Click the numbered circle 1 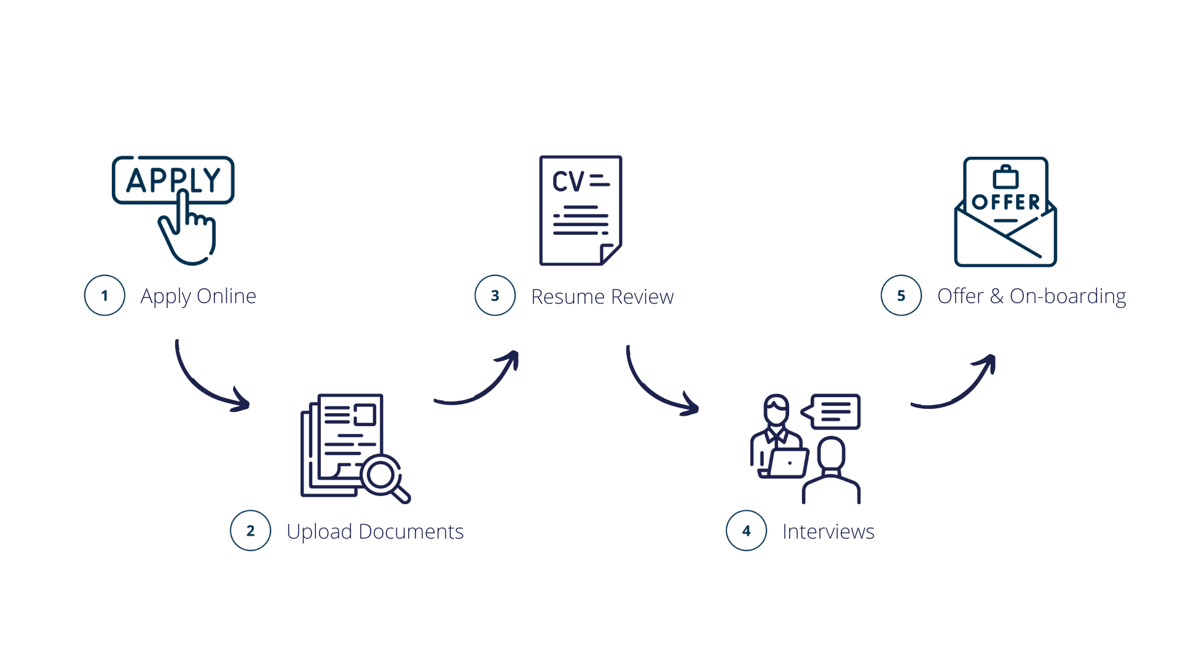click(104, 296)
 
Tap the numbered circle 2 click(250, 531)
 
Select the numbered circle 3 click(495, 296)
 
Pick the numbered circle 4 click(746, 531)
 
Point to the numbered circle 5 click(901, 296)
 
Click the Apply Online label click(198, 296)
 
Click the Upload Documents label click(375, 531)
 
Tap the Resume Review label click(602, 297)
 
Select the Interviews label click(828, 531)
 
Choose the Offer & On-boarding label click(1031, 296)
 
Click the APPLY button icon click(173, 180)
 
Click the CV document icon click(580, 210)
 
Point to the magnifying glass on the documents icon click(384, 476)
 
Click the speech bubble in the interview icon click(833, 411)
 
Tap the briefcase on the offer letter click(1005, 178)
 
